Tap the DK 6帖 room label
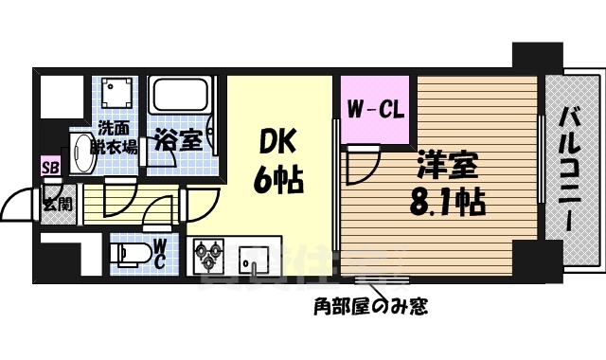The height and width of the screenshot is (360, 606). [277, 161]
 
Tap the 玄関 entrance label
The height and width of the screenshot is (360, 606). [53, 202]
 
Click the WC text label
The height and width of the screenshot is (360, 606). [161, 255]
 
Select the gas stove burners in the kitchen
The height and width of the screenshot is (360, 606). [210, 257]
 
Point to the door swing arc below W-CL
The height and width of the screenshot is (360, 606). [360, 167]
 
